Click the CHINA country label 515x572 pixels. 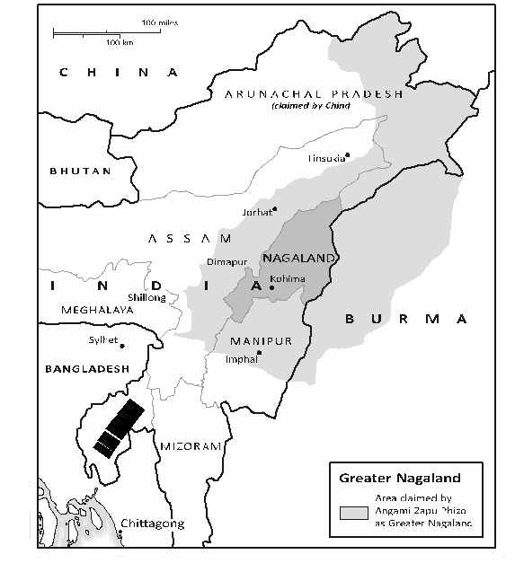[119, 72]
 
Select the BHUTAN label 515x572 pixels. [80, 171]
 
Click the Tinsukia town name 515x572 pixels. [326, 158]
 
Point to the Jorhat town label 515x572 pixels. [256, 212]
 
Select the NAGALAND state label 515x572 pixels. [298, 258]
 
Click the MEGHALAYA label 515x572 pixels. [96, 309]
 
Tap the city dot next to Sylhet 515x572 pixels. [122, 345]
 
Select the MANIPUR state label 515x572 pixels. [261, 341]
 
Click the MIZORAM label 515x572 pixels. [190, 445]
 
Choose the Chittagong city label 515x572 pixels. [152, 523]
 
